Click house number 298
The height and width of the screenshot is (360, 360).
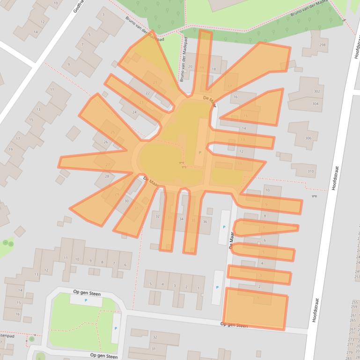[x=322, y=45]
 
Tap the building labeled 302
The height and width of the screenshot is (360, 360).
[x=316, y=92]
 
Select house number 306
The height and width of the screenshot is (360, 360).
[x=308, y=138]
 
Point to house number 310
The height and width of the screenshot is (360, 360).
[x=310, y=172]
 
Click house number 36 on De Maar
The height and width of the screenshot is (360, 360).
[x=204, y=221]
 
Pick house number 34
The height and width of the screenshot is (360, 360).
[x=181, y=219]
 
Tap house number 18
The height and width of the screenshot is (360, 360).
[x=214, y=70]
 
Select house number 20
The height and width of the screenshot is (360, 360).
[x=190, y=67]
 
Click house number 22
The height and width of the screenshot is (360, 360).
[x=147, y=93]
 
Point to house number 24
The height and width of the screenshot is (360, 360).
[x=134, y=112]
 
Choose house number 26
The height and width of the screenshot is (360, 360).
[x=106, y=142]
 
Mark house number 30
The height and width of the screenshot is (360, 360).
[x=126, y=201]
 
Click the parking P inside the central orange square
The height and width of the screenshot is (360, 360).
[x=200, y=152]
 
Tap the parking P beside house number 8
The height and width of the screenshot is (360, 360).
[x=224, y=227]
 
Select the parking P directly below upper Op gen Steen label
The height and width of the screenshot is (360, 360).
[x=85, y=300]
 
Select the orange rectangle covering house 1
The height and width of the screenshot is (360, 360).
[x=256, y=309]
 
